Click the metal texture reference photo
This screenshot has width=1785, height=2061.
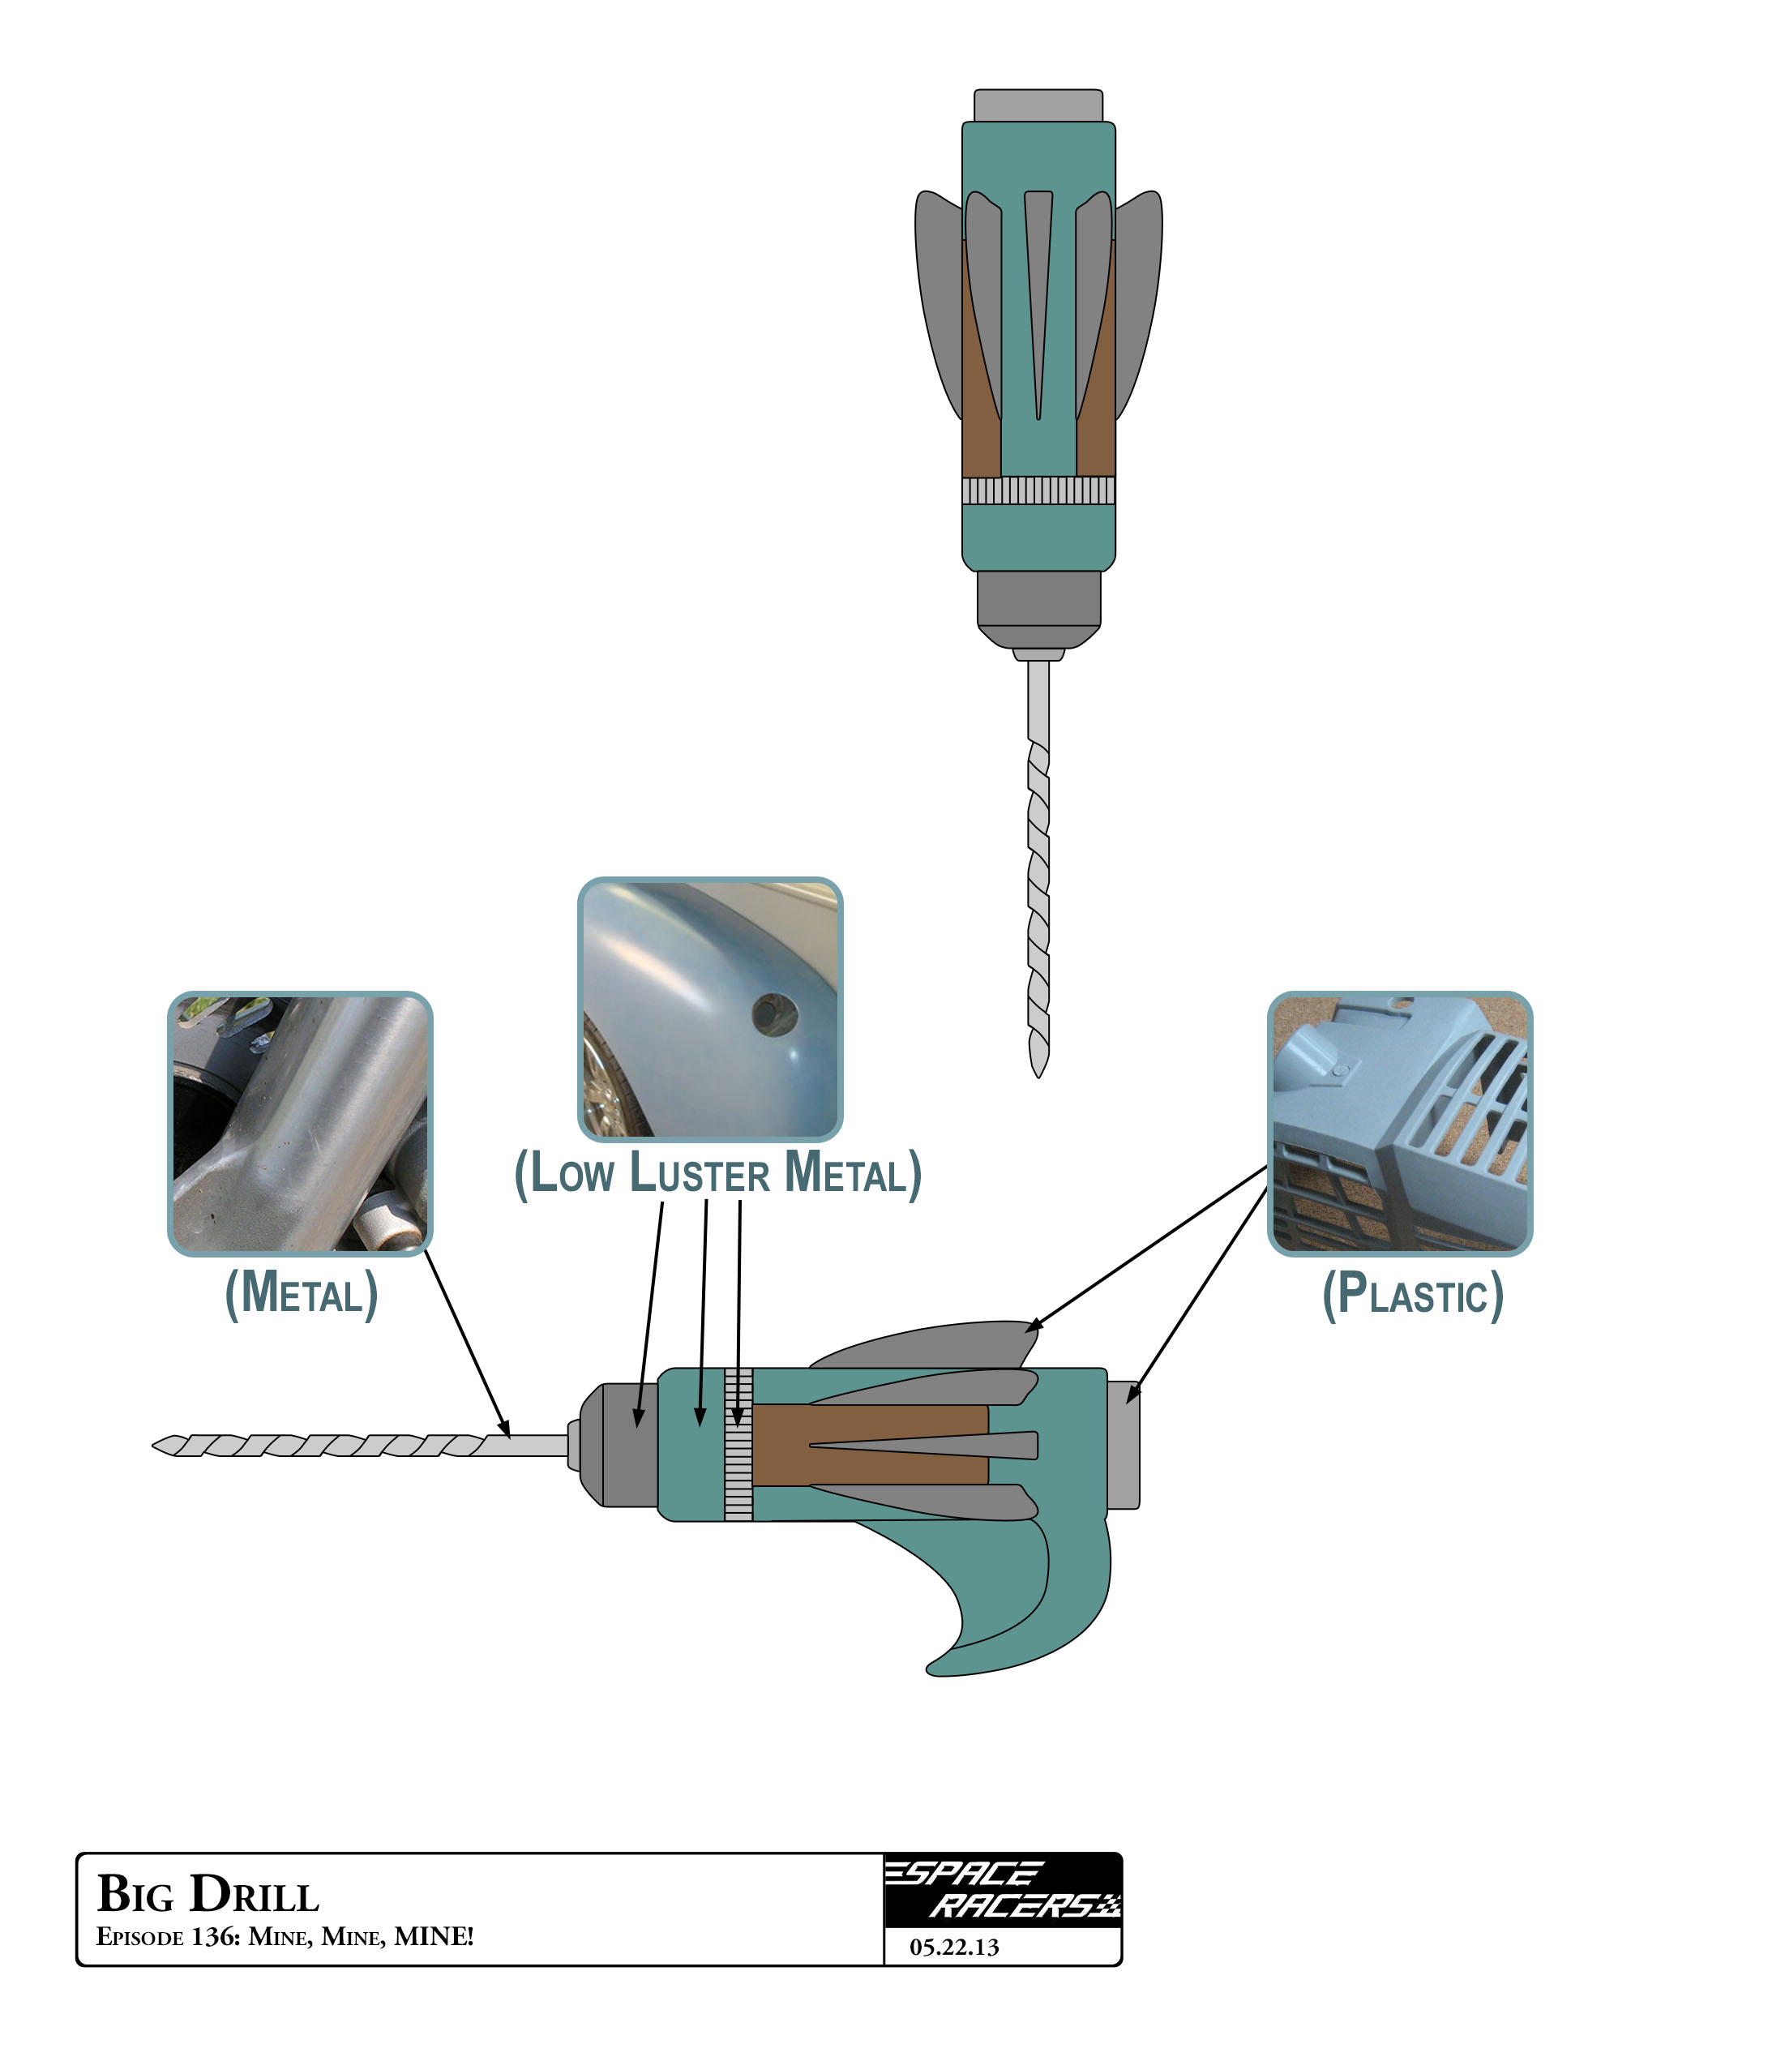point(300,1123)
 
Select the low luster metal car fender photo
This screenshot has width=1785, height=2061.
point(710,1009)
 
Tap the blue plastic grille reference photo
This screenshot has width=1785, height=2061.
point(1399,1123)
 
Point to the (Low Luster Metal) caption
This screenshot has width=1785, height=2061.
point(717,1172)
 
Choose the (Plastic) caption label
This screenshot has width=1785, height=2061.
point(1412,1294)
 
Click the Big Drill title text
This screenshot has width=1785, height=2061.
point(208,1894)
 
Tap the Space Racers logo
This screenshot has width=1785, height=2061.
point(1002,1890)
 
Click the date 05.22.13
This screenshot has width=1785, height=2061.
point(953,1947)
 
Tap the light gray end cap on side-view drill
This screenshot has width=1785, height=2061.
point(1124,1444)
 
